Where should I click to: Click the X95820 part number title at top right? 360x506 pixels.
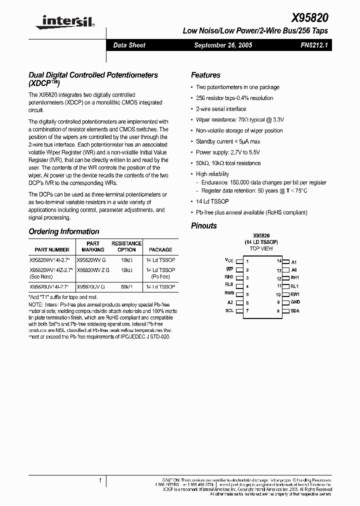(x=309, y=17)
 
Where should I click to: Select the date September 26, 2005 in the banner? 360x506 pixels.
(x=222, y=45)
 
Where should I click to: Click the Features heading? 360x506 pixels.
(x=205, y=75)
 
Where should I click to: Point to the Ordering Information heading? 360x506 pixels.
(x=64, y=231)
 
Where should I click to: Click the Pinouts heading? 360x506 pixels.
(x=204, y=225)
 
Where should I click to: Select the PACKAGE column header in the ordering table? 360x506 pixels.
(x=160, y=249)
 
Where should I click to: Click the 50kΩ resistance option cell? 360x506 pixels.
(x=126, y=287)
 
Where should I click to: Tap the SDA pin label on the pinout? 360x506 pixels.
(x=295, y=311)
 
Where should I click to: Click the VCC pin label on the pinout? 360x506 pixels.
(x=229, y=261)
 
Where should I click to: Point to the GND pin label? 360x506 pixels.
(x=295, y=302)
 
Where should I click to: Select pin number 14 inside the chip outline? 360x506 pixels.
(x=279, y=261)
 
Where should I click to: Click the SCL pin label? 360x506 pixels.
(x=229, y=311)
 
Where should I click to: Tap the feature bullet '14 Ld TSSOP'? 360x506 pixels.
(x=212, y=201)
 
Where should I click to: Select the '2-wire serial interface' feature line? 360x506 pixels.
(x=221, y=109)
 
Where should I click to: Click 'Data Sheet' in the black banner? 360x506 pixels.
(x=129, y=45)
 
